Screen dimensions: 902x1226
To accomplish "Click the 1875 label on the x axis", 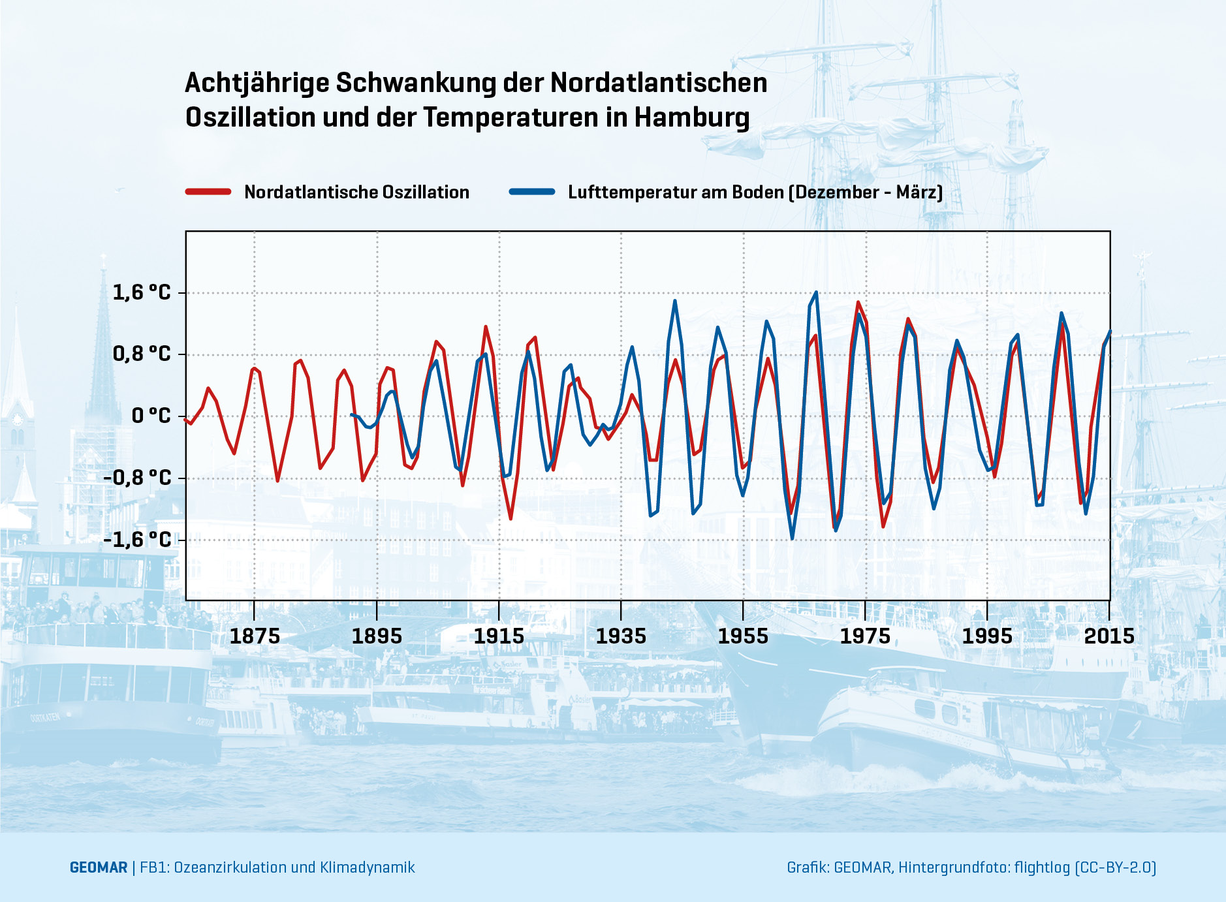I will tap(255, 636).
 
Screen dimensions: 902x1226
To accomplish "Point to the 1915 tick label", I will tap(499, 636).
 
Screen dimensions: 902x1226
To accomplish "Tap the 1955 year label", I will tap(743, 636).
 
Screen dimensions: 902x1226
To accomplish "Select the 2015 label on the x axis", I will tap(1109, 636).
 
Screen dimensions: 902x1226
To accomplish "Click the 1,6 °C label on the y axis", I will tap(141, 292).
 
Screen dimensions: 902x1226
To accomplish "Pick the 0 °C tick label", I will tap(151, 416).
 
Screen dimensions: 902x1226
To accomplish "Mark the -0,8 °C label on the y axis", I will tap(137, 478).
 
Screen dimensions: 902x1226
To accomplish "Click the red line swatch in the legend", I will tap(208, 192).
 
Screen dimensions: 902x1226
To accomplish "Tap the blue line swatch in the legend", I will tap(532, 192).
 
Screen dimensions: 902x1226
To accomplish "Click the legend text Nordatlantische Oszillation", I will tap(356, 192).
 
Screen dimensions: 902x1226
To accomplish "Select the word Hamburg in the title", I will tap(692, 118).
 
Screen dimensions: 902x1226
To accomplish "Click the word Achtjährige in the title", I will tap(259, 84).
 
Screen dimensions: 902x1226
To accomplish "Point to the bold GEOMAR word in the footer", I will tap(99, 867).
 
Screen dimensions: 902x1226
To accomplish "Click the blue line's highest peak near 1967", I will tap(816, 292).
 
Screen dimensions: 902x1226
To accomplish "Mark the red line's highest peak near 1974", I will tap(858, 302).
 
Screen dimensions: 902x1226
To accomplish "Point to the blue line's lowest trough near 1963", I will tap(793, 538).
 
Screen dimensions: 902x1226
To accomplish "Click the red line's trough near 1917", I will tap(511, 519).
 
